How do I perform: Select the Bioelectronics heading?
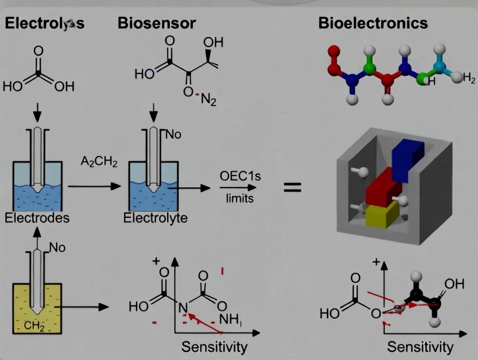pyautogui.click(x=373, y=23)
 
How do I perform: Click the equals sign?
pyautogui.click(x=292, y=188)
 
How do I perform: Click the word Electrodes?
pyautogui.click(x=37, y=218)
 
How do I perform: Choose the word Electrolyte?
pyautogui.click(x=155, y=218)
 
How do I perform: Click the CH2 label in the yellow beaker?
pyautogui.click(x=35, y=326)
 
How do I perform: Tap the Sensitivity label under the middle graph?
pyautogui.click(x=214, y=347)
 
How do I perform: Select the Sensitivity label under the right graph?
pyautogui.click(x=420, y=347)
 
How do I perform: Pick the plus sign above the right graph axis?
pyautogui.click(x=376, y=262)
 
